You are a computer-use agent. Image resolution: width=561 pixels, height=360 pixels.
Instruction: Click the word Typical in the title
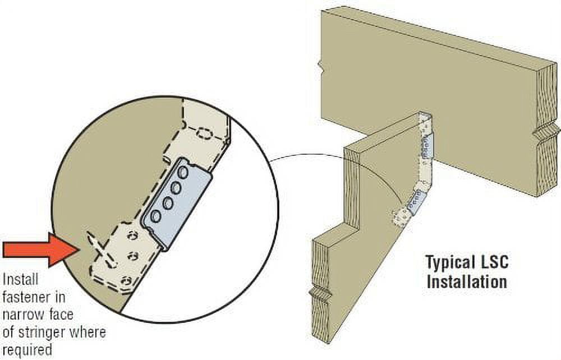(x=449, y=263)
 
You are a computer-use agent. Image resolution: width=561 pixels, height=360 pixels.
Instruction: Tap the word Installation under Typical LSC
(x=467, y=281)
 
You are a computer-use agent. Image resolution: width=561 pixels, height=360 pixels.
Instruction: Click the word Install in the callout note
(x=20, y=279)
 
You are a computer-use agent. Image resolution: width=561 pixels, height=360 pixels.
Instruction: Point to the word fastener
(x=29, y=297)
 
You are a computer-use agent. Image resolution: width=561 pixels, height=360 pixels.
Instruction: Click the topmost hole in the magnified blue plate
(x=183, y=173)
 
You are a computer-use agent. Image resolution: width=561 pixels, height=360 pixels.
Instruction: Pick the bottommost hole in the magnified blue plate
(x=156, y=216)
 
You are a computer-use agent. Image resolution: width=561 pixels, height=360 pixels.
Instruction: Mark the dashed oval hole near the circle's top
(x=204, y=134)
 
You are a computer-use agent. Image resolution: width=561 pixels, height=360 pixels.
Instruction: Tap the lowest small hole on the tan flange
(x=125, y=281)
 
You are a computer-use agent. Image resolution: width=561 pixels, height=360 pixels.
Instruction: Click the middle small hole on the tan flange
(x=133, y=256)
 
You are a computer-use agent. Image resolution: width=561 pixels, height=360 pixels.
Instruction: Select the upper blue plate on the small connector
(x=427, y=146)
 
